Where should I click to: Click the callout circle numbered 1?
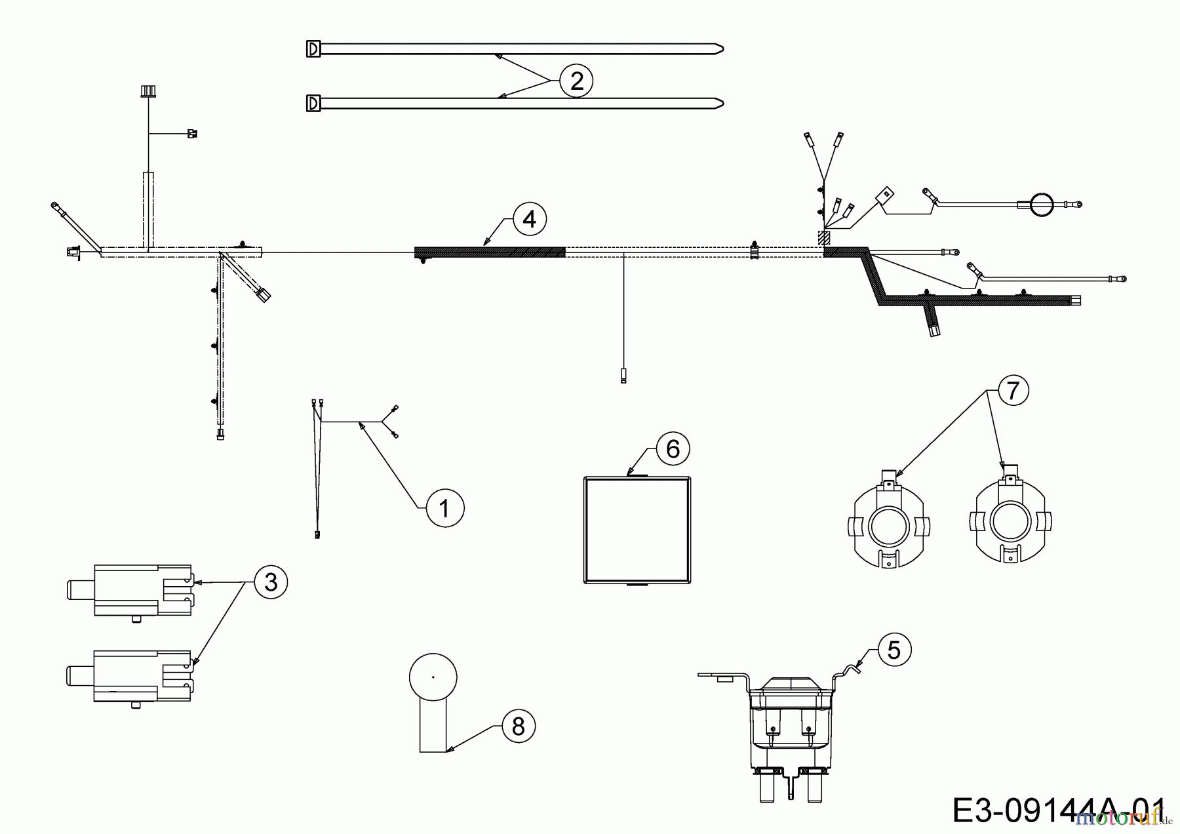[445, 508]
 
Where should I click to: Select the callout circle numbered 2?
[576, 81]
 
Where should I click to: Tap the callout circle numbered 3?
[270, 582]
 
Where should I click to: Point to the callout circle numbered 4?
[529, 219]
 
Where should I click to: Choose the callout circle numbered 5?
[894, 650]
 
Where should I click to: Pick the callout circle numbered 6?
[673, 449]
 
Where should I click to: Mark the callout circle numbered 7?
[1013, 391]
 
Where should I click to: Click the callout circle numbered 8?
[518, 726]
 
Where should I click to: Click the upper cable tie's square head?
[313, 49]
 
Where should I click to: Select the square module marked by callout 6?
[637, 530]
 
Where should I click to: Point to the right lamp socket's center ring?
[1010, 523]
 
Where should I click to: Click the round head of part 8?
[433, 677]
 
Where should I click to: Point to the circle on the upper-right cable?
[1041, 205]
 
